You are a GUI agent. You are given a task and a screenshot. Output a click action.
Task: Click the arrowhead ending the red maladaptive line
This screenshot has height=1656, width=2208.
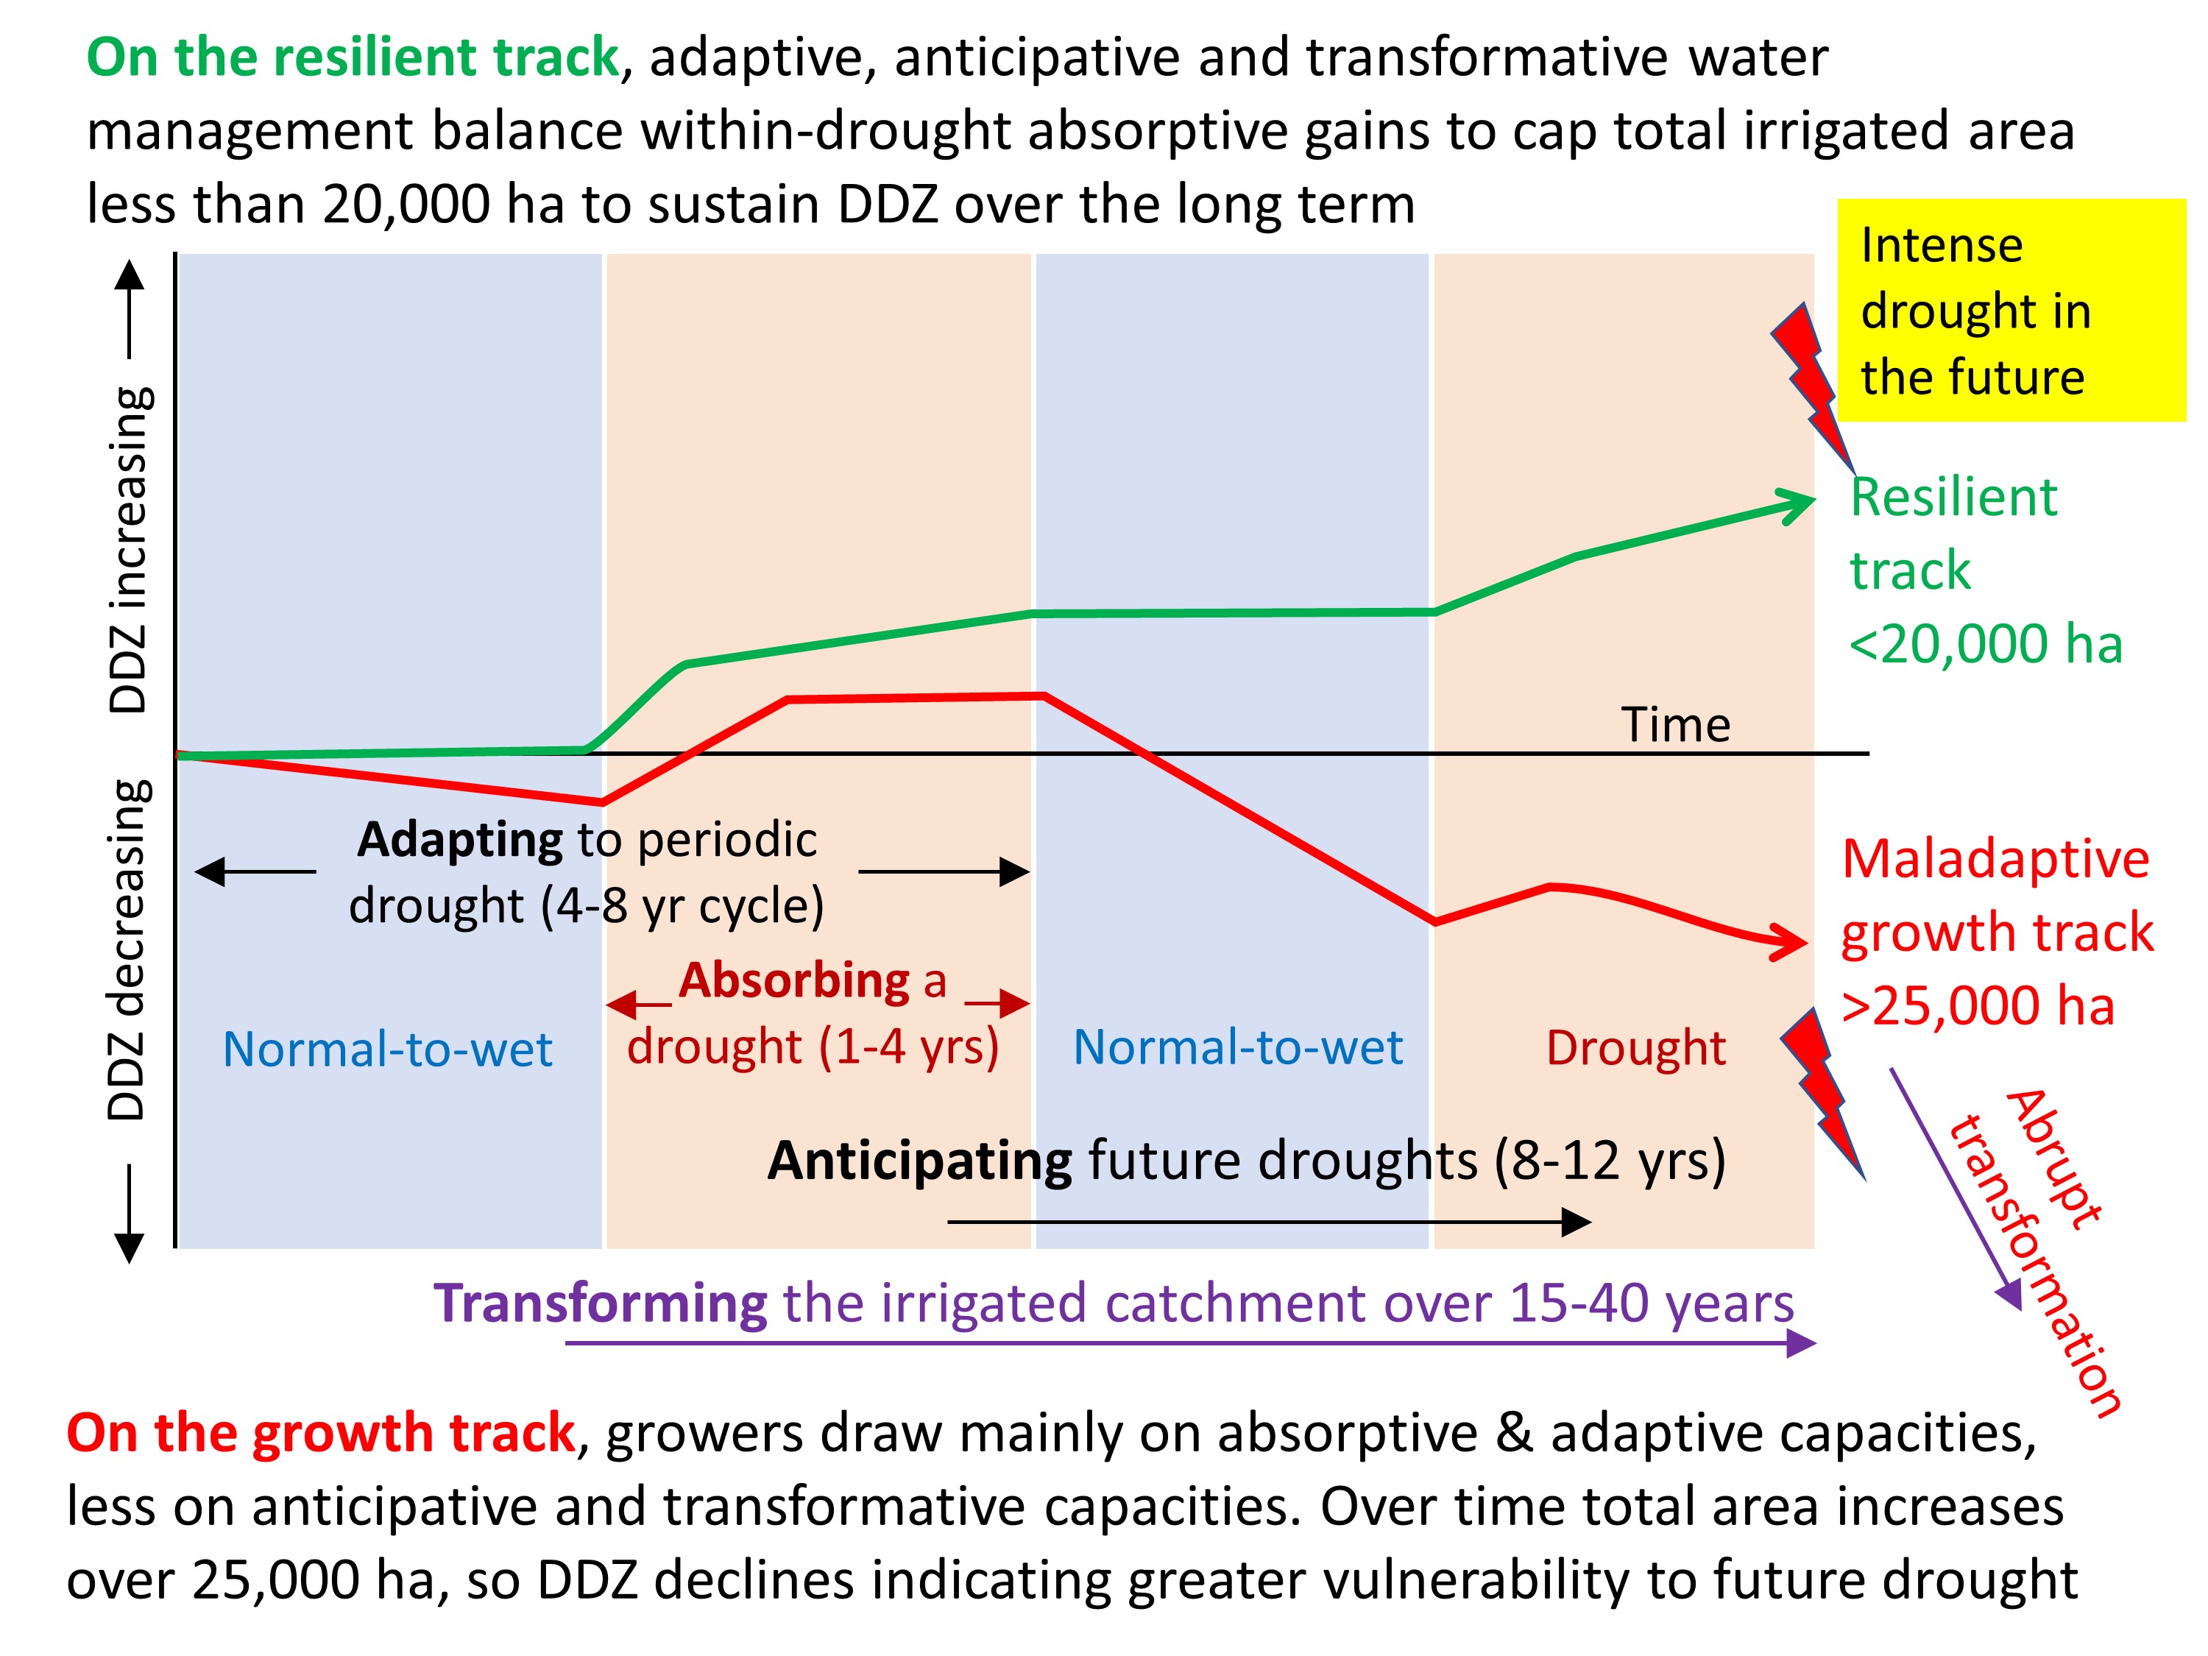pos(1791,941)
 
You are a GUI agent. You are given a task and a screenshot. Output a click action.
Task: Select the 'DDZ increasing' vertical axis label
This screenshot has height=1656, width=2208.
pos(129,549)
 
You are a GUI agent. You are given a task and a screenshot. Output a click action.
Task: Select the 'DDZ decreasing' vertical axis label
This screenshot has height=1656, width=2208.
pos(129,948)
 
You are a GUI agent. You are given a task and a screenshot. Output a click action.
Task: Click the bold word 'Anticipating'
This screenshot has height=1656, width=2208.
pos(919,1161)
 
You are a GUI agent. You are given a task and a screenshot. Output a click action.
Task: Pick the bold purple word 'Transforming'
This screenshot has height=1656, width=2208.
pos(600,1303)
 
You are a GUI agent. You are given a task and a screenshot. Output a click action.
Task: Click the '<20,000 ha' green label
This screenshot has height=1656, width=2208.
pos(1984,644)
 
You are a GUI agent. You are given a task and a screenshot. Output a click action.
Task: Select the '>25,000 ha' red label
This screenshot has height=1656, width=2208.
pos(1978,1005)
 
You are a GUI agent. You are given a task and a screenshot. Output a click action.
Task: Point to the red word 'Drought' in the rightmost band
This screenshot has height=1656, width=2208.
pos(1636,1048)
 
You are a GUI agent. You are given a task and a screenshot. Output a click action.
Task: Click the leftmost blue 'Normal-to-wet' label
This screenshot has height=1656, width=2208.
pos(387,1049)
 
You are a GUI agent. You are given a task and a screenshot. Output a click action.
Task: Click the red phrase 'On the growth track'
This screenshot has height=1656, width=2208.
pos(320,1434)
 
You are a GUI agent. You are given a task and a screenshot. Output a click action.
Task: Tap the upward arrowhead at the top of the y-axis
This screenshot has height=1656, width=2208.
pos(130,275)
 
